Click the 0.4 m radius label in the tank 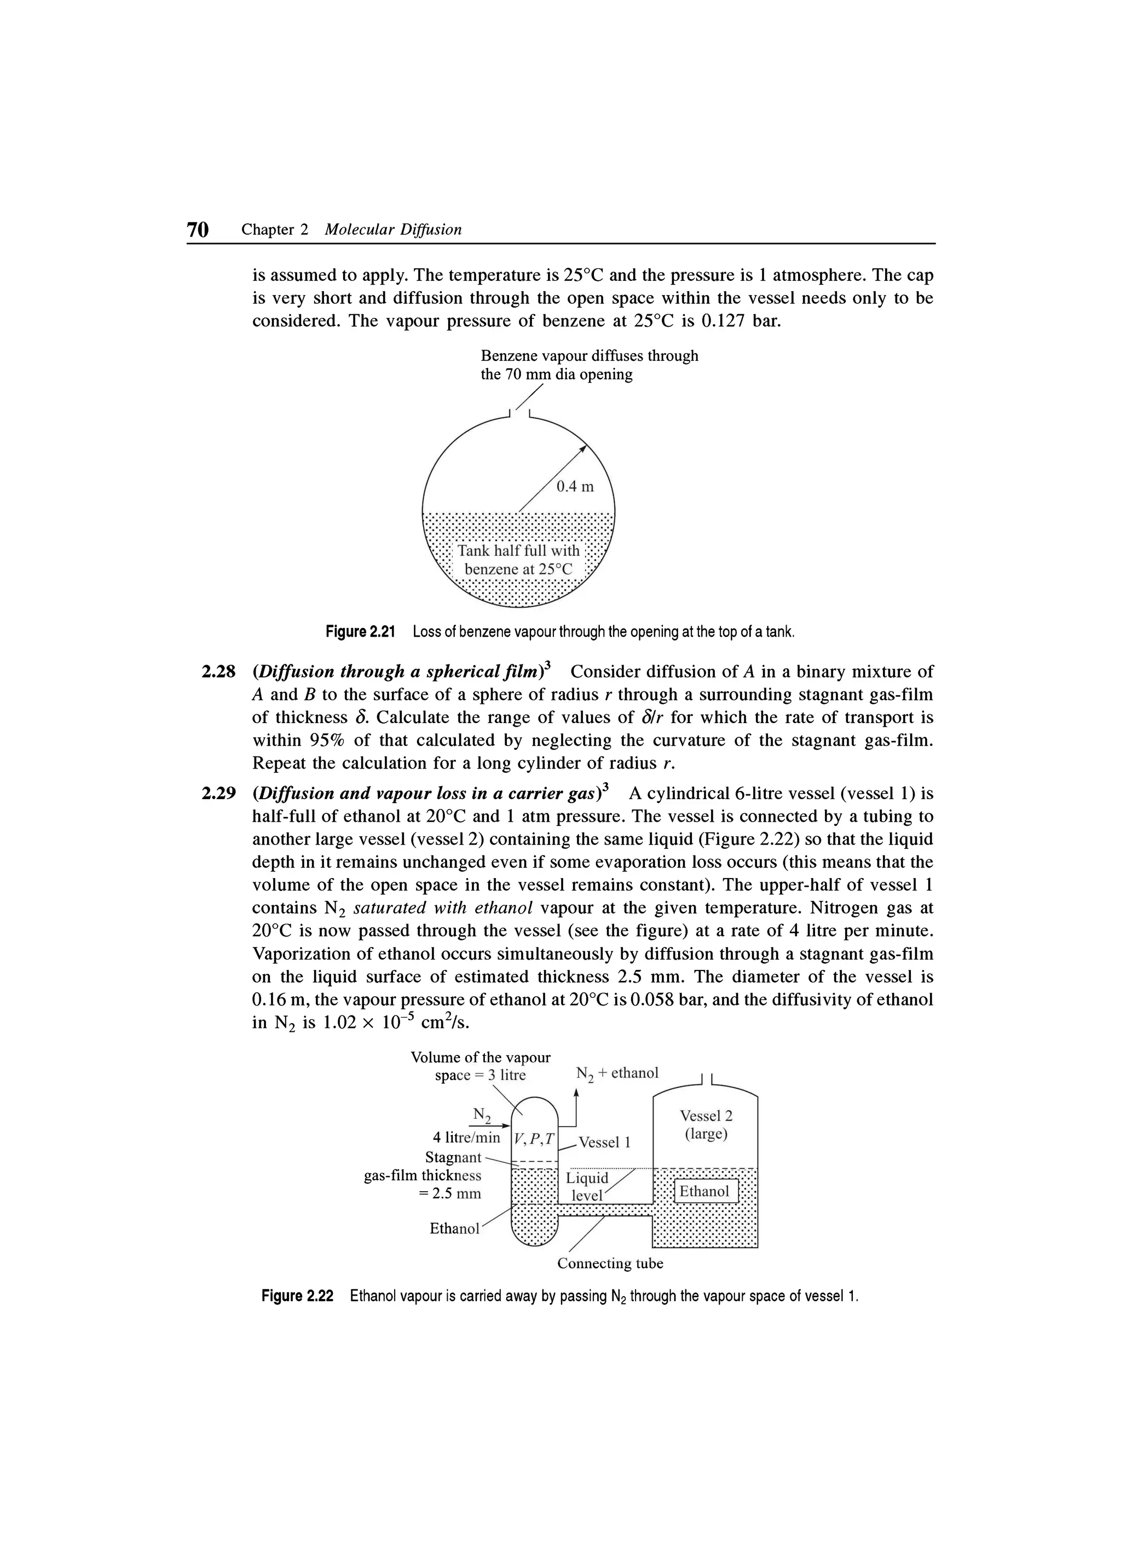point(574,486)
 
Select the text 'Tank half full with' point(519,550)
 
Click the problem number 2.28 point(219,672)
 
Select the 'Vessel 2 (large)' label point(706,1125)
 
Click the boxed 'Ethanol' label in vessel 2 point(704,1191)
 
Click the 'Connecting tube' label point(610,1263)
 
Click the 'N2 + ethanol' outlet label point(616,1073)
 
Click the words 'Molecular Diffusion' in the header point(393,230)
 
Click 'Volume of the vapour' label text point(481,1057)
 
